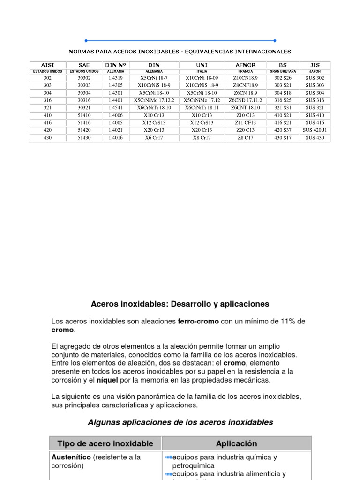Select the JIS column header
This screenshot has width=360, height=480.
coord(315,65)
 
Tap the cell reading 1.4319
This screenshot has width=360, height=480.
coord(115,78)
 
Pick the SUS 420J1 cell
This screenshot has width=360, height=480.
coord(315,130)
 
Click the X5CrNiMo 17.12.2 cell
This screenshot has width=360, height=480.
coord(154,100)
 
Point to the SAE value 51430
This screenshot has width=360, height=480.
coord(84,138)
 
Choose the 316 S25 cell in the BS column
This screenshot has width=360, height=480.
coord(283,100)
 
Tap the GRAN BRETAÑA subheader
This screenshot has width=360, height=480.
coord(283,71)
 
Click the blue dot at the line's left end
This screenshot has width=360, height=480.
coord(86,41)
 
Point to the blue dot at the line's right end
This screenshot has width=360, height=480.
coord(275,41)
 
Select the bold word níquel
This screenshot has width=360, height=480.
coord(106,380)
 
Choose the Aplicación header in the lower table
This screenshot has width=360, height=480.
coord(236,443)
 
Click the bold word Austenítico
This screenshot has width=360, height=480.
coord(71,457)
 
